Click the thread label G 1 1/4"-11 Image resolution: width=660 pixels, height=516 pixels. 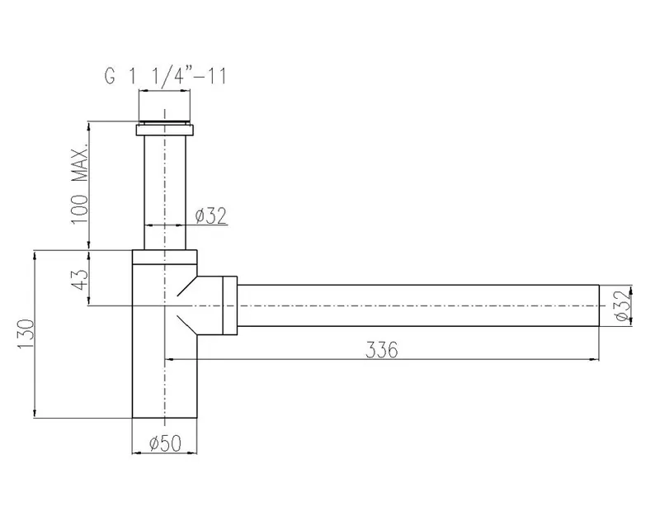[x=164, y=77]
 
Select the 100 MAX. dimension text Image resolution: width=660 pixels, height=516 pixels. [x=79, y=184]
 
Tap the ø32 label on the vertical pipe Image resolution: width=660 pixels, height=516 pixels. [x=210, y=216]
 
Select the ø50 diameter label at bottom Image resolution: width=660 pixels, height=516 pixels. [x=165, y=444]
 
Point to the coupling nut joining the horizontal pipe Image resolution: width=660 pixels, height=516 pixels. [x=227, y=305]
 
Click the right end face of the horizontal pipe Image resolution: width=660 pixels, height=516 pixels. [x=598, y=306]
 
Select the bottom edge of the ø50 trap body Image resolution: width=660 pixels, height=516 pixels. [x=164, y=419]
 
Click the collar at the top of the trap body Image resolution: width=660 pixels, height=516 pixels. [x=164, y=256]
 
